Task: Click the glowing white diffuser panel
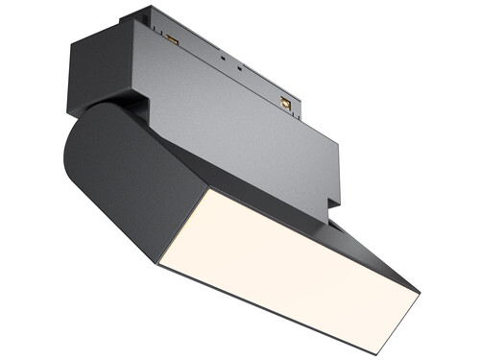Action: tap(288, 264)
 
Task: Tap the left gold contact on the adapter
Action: tap(173, 39)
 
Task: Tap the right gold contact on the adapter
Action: tap(285, 102)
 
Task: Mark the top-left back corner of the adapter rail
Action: tap(120, 14)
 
